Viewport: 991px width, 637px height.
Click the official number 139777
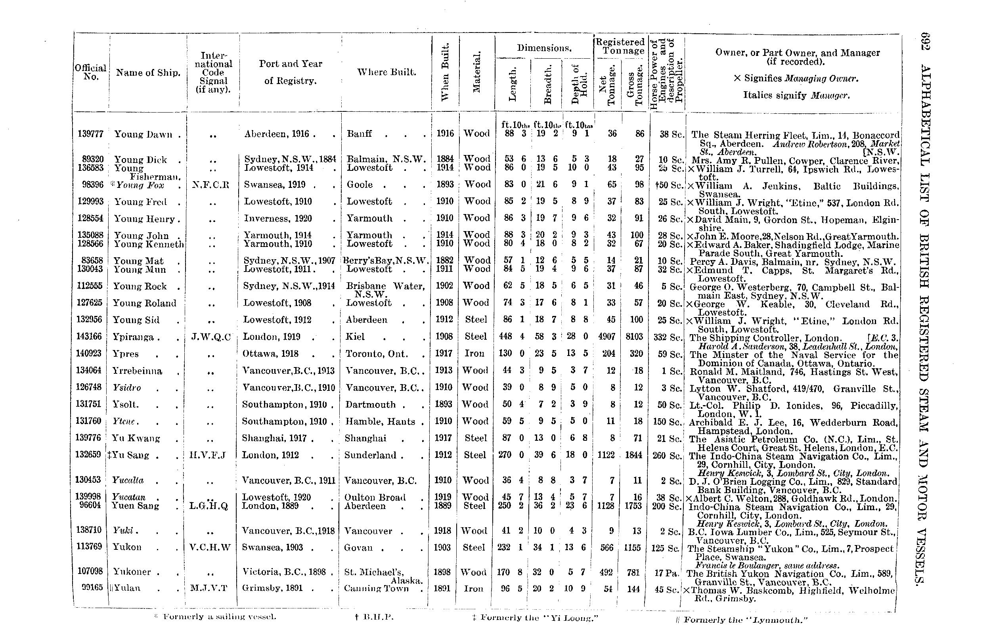coord(90,134)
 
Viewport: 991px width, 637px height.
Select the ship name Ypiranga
coord(133,337)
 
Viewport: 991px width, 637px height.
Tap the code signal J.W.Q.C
coord(211,337)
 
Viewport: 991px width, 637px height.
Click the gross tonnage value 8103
coord(634,337)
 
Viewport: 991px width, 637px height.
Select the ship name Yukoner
coord(132,572)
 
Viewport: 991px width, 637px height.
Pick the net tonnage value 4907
coord(607,337)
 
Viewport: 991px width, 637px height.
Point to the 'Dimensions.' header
coord(544,48)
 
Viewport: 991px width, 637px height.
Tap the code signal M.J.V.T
coord(209,588)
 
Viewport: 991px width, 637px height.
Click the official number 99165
coord(92,587)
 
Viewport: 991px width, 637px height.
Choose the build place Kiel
coord(355,337)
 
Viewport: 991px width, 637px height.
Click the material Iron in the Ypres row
coord(474,353)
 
